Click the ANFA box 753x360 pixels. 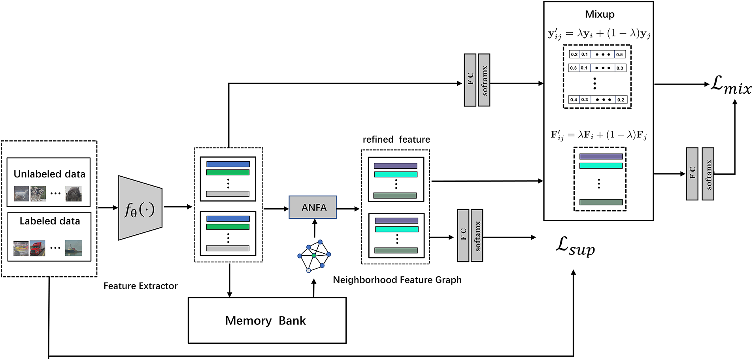[313, 207]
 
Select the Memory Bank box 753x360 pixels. [267, 320]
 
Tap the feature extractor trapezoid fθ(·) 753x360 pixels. [140, 208]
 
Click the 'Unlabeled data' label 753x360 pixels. [49, 174]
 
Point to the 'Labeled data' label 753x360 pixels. [50, 221]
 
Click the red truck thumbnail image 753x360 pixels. [38, 248]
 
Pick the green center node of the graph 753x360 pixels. [314, 256]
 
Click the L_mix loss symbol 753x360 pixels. [730, 85]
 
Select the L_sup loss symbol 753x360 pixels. [575, 246]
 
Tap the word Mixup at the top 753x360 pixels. [600, 15]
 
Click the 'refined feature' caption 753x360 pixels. [396, 139]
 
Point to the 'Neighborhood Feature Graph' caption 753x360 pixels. [397, 280]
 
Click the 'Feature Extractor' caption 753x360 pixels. [140, 286]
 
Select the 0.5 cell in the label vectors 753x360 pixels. [619, 55]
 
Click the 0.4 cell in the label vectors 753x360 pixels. [574, 100]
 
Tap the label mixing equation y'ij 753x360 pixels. [599, 34]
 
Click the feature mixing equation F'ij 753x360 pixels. [598, 135]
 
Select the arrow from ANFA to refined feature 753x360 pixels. [348, 208]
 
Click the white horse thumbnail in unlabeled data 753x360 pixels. [21, 194]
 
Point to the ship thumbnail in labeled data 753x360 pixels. [73, 248]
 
